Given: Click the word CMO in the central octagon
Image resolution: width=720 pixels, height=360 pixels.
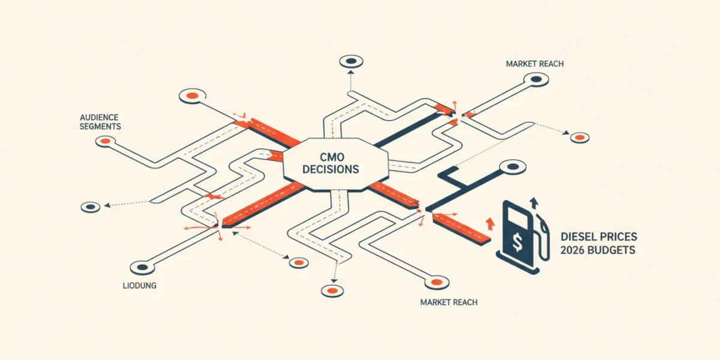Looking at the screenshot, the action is (x=332, y=157).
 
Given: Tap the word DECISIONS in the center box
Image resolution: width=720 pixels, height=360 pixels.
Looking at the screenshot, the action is (x=331, y=169).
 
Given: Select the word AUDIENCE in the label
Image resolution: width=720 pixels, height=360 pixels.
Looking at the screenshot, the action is (x=99, y=118).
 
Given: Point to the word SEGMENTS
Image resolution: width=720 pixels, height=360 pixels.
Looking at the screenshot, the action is (x=100, y=127).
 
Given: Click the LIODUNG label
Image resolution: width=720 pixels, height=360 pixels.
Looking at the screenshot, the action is (x=139, y=286).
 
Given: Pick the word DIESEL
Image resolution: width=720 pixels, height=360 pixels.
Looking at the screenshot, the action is (x=578, y=237).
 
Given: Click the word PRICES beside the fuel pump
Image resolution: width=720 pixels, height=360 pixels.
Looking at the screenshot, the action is (x=618, y=237).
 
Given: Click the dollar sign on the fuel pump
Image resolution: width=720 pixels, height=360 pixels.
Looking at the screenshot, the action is (x=517, y=242).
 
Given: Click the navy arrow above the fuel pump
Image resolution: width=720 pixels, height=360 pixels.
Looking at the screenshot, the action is (x=534, y=203).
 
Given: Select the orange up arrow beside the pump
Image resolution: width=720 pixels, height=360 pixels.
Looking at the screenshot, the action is (x=490, y=224).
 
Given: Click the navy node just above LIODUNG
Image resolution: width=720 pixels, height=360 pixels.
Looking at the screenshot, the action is (x=142, y=268).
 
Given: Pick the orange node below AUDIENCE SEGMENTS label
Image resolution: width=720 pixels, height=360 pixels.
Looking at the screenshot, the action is (x=106, y=141).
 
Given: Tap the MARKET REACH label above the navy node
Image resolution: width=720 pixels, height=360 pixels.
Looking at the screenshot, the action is (x=535, y=64).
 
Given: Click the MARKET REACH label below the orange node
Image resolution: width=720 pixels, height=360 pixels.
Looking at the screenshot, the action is (x=449, y=302).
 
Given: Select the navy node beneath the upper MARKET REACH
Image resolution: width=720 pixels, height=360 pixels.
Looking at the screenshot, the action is (x=536, y=79).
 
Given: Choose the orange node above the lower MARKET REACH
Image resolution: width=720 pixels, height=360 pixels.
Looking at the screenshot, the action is (x=437, y=283).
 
